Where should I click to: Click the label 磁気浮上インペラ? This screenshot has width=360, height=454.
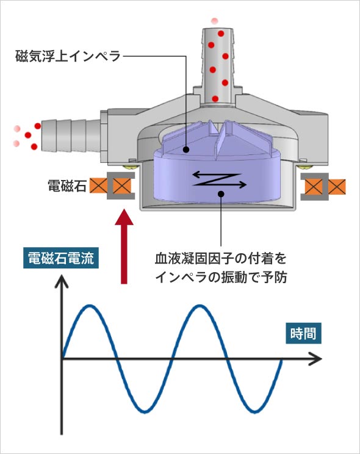point(68,57)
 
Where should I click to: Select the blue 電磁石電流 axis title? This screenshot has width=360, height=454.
point(59,259)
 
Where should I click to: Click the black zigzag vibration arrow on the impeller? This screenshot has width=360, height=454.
point(218,178)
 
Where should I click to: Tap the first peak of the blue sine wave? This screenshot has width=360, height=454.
point(90,305)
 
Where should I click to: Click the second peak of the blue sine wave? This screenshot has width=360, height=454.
point(199,305)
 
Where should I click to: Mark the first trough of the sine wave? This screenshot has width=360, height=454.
point(144,411)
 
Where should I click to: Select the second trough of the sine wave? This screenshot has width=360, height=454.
point(253,411)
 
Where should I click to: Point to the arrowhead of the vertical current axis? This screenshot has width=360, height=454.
point(61,282)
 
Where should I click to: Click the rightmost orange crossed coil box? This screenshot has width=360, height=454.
point(337,185)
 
